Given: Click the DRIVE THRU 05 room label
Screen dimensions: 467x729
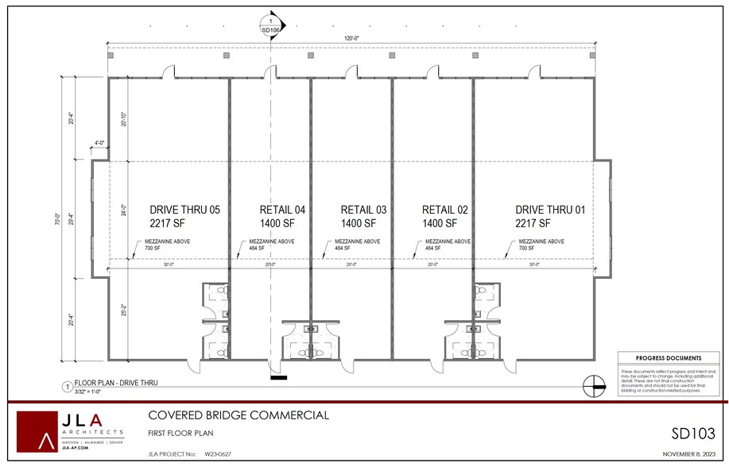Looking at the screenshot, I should [x=184, y=210].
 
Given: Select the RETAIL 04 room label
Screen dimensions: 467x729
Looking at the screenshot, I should [x=282, y=210].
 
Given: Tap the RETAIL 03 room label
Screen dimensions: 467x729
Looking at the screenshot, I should [x=363, y=210].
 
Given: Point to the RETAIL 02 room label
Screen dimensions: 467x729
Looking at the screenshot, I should [x=444, y=210].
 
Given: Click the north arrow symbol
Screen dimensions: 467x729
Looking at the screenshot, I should [x=592, y=387].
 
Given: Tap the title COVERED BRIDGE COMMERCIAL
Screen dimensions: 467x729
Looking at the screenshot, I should [x=238, y=415].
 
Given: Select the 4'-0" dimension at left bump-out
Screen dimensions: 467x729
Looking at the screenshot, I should [x=100, y=144].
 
